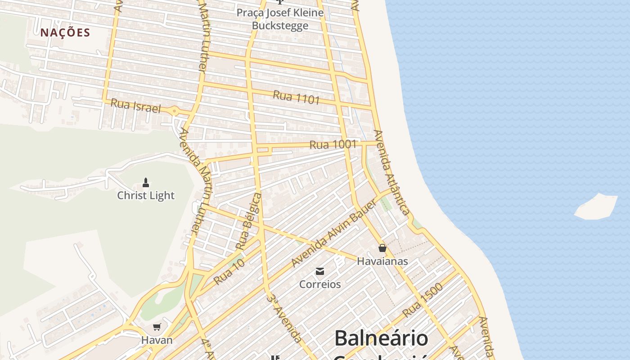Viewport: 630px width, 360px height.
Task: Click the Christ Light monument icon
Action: pyautogui.click(x=145, y=182)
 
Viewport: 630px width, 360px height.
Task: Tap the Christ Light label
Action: pyautogui.click(x=146, y=195)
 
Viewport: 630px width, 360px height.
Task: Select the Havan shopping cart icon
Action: pyautogui.click(x=157, y=327)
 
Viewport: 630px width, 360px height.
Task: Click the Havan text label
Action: pyautogui.click(x=157, y=340)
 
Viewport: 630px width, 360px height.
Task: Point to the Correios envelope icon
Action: pyautogui.click(x=320, y=271)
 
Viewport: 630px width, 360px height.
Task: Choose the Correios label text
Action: pyautogui.click(x=320, y=284)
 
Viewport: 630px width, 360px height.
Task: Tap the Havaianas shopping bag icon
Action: pyautogui.click(x=382, y=248)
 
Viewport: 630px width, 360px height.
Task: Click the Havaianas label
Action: pyautogui.click(x=382, y=261)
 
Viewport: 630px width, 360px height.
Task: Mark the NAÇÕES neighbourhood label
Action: pyautogui.click(x=65, y=32)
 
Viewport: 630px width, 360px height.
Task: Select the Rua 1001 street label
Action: pyautogui.click(x=333, y=145)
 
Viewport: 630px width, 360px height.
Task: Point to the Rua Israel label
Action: pyautogui.click(x=135, y=106)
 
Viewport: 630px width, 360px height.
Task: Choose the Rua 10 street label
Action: pyautogui.click(x=229, y=271)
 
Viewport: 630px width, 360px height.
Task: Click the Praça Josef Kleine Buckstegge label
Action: pyautogui.click(x=280, y=19)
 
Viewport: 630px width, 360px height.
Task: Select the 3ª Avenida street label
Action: pyautogui.click(x=283, y=317)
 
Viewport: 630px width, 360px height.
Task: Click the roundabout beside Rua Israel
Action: pyautogui.click(x=175, y=111)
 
